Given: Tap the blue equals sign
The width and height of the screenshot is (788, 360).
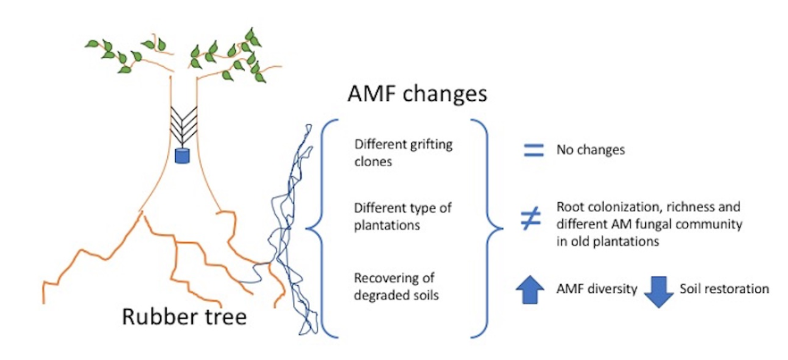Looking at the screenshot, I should (x=533, y=150).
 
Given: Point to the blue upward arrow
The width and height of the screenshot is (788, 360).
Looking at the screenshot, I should (x=531, y=289).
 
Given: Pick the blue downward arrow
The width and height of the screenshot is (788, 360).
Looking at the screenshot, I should (x=658, y=290).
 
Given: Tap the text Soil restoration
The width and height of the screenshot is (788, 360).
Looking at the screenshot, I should (x=725, y=288).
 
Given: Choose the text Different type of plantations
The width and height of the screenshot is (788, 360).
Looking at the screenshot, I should (x=403, y=216).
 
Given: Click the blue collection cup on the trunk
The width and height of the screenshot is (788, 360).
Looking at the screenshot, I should (x=182, y=156).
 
